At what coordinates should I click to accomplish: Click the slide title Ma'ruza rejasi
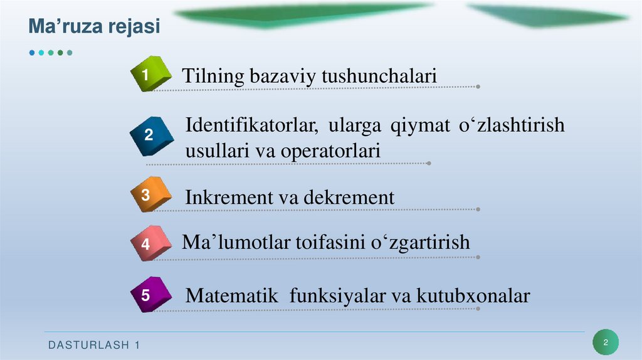tap(95, 27)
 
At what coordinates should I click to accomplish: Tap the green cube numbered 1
tap(150, 75)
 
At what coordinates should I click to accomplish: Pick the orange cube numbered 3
tap(150, 196)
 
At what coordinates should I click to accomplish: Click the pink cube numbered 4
tap(150, 243)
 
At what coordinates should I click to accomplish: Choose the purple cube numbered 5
tap(150, 294)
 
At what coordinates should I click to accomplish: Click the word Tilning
tap(213, 77)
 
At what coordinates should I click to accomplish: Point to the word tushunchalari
tap(379, 77)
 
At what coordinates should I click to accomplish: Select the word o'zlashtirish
tap(512, 125)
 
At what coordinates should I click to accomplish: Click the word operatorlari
tap(330, 151)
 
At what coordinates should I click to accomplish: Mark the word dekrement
tap(349, 198)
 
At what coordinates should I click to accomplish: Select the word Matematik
tap(232, 295)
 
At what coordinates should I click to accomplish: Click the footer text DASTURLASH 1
tap(94, 346)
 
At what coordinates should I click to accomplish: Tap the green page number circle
tap(606, 342)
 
